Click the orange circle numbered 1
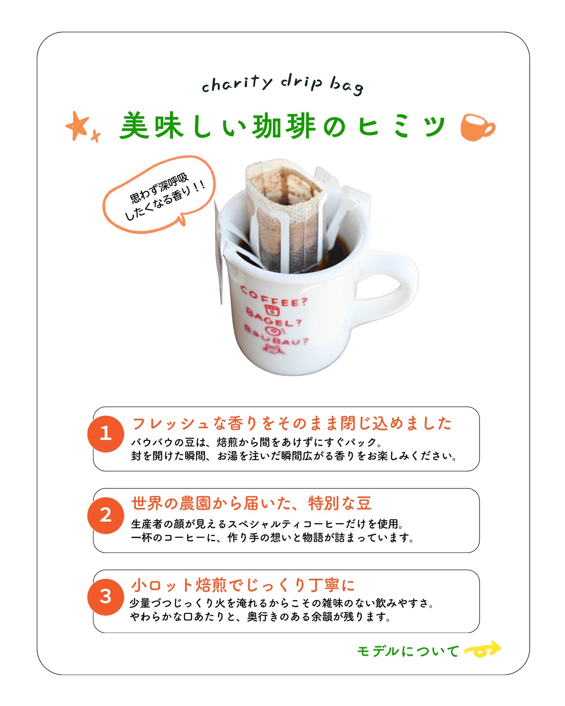(x=105, y=434)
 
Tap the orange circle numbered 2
(x=105, y=515)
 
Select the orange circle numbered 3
(x=105, y=597)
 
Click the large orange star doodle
(x=77, y=126)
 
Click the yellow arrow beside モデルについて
(x=482, y=649)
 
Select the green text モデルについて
(x=408, y=651)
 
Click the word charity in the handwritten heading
(x=237, y=83)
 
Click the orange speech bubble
(x=159, y=195)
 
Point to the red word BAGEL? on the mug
(x=274, y=318)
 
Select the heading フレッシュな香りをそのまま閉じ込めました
(x=291, y=423)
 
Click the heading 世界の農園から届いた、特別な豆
(x=252, y=503)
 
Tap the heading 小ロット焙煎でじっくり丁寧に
(x=243, y=585)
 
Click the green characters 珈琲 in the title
(x=284, y=126)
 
